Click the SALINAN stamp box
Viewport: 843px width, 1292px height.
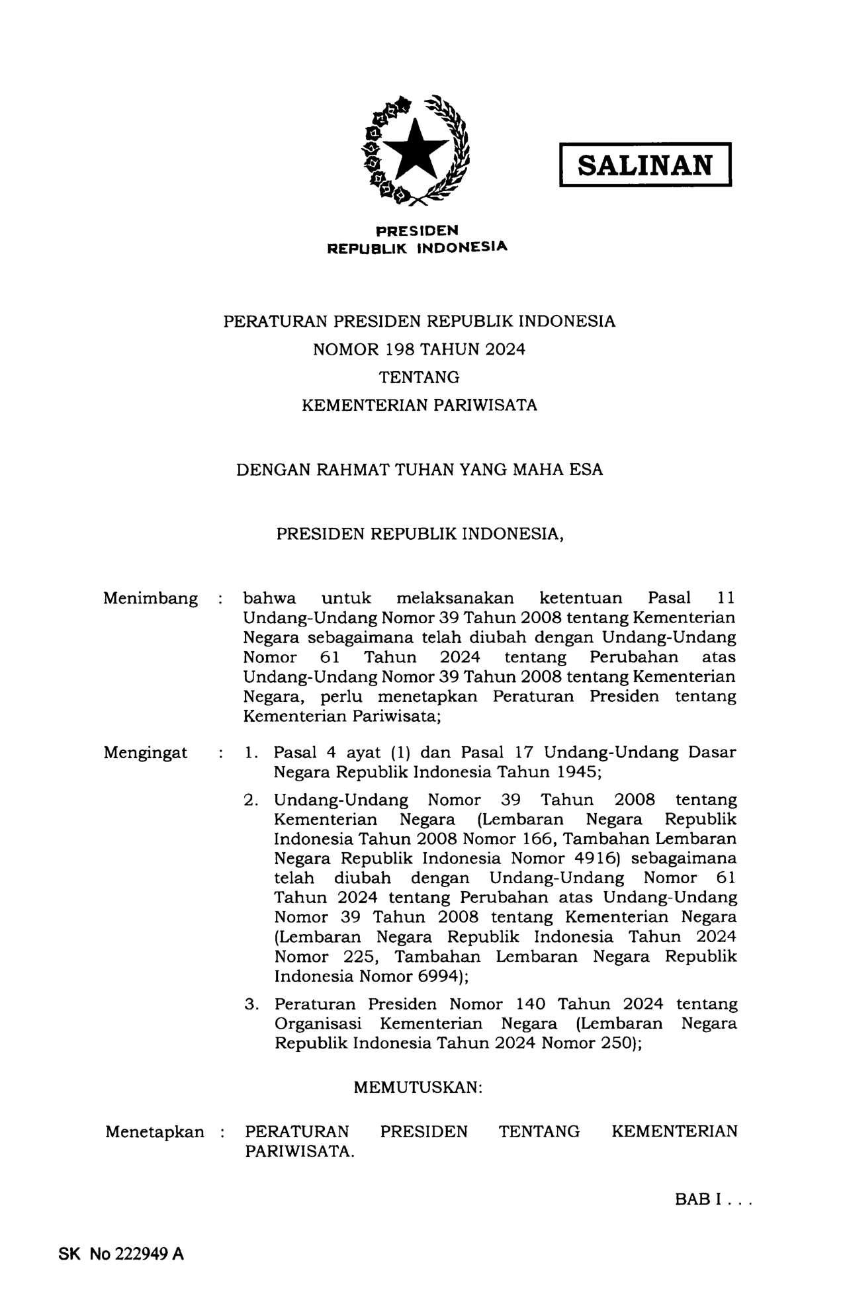(x=645, y=165)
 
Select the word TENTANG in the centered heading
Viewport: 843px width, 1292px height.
(x=419, y=377)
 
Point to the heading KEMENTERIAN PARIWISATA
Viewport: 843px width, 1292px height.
(x=420, y=405)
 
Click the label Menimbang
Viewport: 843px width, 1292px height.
(x=150, y=599)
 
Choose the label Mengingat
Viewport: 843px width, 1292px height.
(x=145, y=753)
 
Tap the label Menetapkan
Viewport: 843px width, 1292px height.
(x=155, y=1132)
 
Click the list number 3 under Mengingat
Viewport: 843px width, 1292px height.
(x=250, y=1004)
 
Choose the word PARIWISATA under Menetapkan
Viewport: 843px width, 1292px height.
(x=298, y=1151)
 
